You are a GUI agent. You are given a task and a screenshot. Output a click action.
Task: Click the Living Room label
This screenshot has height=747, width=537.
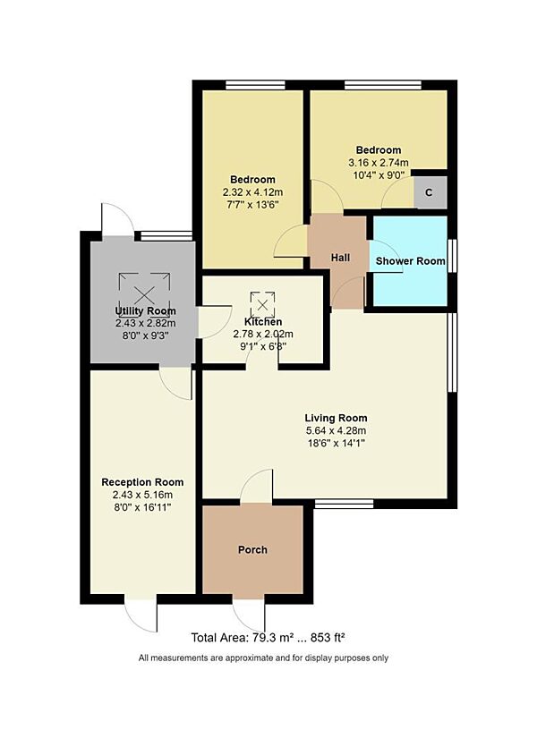point(336,418)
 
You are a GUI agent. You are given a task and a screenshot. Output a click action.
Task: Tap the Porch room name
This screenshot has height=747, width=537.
point(252,549)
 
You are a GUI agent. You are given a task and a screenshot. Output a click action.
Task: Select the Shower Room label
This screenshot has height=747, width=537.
point(410,261)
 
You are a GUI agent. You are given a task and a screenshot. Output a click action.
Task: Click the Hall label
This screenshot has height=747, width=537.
point(340,258)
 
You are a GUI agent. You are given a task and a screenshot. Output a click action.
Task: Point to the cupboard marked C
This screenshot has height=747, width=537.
point(429,192)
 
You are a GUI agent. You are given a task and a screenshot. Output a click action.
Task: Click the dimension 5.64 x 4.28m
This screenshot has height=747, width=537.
point(336,430)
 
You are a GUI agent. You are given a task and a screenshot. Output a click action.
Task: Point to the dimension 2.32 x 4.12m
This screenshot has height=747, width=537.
point(252,191)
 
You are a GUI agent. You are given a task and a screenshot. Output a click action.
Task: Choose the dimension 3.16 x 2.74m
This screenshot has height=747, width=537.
point(378,163)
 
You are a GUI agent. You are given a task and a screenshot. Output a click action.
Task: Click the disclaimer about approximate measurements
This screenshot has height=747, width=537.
point(263,658)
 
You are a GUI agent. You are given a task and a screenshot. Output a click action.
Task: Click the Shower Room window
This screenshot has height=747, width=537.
point(451,261)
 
